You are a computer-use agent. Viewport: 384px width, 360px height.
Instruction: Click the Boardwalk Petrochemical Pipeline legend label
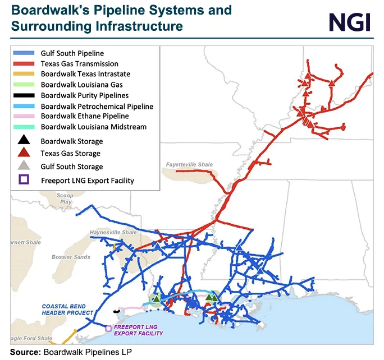[97, 106]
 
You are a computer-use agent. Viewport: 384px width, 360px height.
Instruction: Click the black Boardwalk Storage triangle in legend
[24, 141]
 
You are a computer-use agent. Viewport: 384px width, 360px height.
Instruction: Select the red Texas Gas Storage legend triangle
[24, 153]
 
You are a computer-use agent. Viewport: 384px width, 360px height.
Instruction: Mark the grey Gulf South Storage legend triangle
[24, 166]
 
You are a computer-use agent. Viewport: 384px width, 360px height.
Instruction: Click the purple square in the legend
[24, 180]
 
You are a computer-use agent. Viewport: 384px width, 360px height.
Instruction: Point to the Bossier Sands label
[74, 257]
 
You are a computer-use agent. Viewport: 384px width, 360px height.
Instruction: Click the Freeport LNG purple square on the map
[108, 328]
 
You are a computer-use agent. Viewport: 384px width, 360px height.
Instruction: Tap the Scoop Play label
[66, 199]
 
